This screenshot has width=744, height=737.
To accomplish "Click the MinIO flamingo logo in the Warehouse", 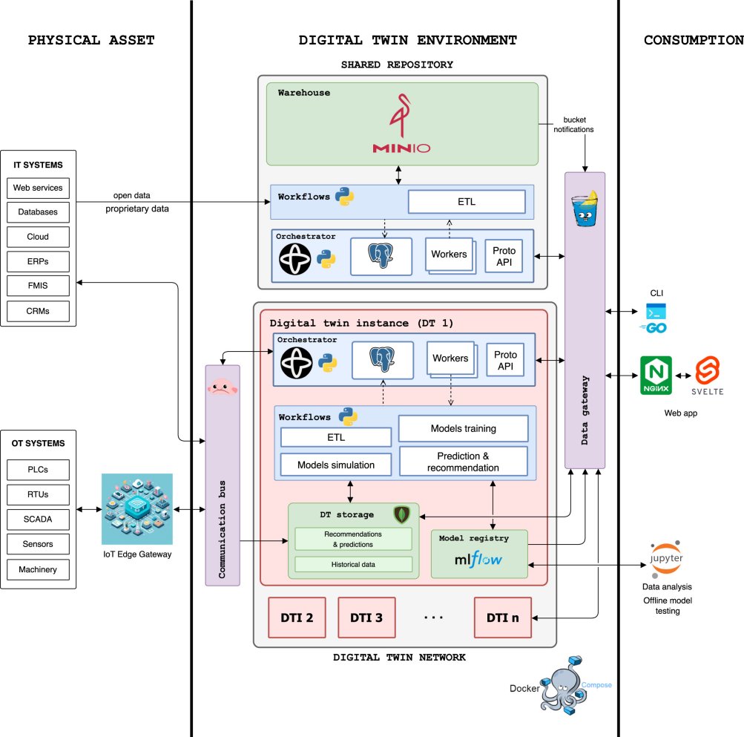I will pos(401,119).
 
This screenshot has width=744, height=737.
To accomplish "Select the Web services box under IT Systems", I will pos(38,187).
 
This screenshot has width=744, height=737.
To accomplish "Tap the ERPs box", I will pos(38,261).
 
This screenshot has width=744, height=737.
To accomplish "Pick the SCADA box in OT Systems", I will pos(38,519).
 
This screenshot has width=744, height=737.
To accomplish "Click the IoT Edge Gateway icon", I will pos(136,509).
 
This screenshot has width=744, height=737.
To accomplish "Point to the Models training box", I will pos(463,428).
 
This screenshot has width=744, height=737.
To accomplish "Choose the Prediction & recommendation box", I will pos(463,461).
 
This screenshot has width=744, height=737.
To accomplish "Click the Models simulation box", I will pos(335,465).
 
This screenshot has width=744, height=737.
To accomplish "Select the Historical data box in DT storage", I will pos(353,564).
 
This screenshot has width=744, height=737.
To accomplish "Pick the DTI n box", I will pos(502,617).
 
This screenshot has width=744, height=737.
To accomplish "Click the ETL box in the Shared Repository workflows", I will pos(466,201).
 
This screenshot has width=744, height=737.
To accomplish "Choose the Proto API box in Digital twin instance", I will pos(505,359).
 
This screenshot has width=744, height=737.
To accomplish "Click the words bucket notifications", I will pos(573,124).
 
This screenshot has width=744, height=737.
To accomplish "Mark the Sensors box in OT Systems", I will pos(38,544).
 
